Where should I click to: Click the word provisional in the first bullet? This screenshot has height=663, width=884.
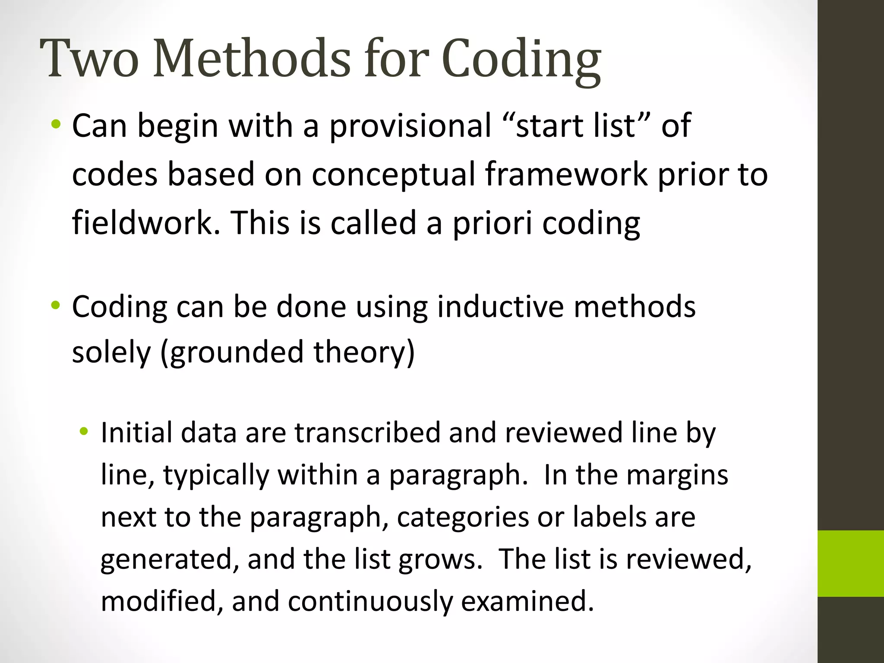[410, 126]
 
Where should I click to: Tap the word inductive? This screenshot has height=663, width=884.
[501, 307]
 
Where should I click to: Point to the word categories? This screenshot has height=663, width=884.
[462, 518]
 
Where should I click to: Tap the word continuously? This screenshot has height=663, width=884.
[370, 601]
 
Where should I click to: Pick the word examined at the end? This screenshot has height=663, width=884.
[527, 601]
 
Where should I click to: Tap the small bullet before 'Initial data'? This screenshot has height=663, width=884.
[84, 431]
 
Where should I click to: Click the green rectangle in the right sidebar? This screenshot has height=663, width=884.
[851, 563]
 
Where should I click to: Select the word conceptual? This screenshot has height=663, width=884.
[393, 175]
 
